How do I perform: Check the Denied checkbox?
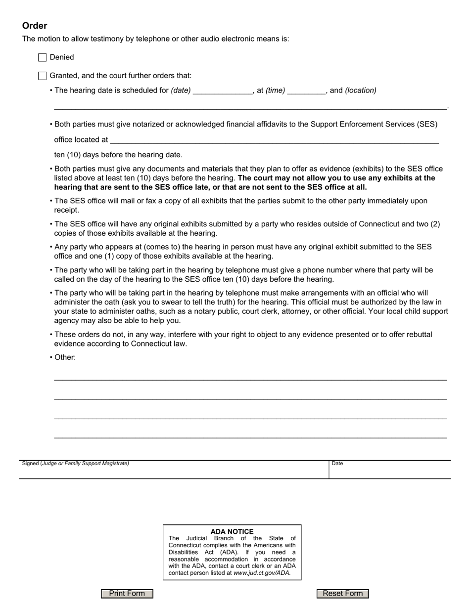point(43,57)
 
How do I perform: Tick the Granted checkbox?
point(43,76)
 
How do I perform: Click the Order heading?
point(35,26)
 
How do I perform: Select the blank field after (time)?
point(306,90)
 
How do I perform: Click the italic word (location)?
point(361,90)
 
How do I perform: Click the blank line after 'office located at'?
point(274,140)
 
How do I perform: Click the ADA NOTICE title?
point(232,531)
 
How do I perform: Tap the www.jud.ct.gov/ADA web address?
point(262,573)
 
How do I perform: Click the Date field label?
point(337,464)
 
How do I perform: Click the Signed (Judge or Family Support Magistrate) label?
point(75,464)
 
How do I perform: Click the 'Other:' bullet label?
point(65,357)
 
